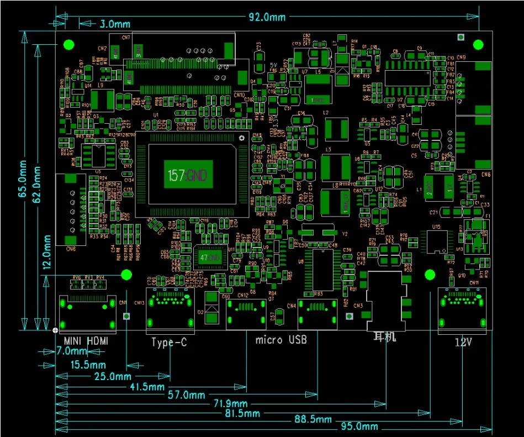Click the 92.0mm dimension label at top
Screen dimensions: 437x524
(x=267, y=17)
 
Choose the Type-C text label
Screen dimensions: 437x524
(x=170, y=343)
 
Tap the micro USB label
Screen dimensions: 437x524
(x=281, y=339)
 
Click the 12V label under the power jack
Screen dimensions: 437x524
(x=463, y=342)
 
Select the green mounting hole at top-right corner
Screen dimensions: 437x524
(x=479, y=44)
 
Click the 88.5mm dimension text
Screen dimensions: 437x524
(x=313, y=420)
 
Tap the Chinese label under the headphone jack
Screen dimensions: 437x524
(x=385, y=336)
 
